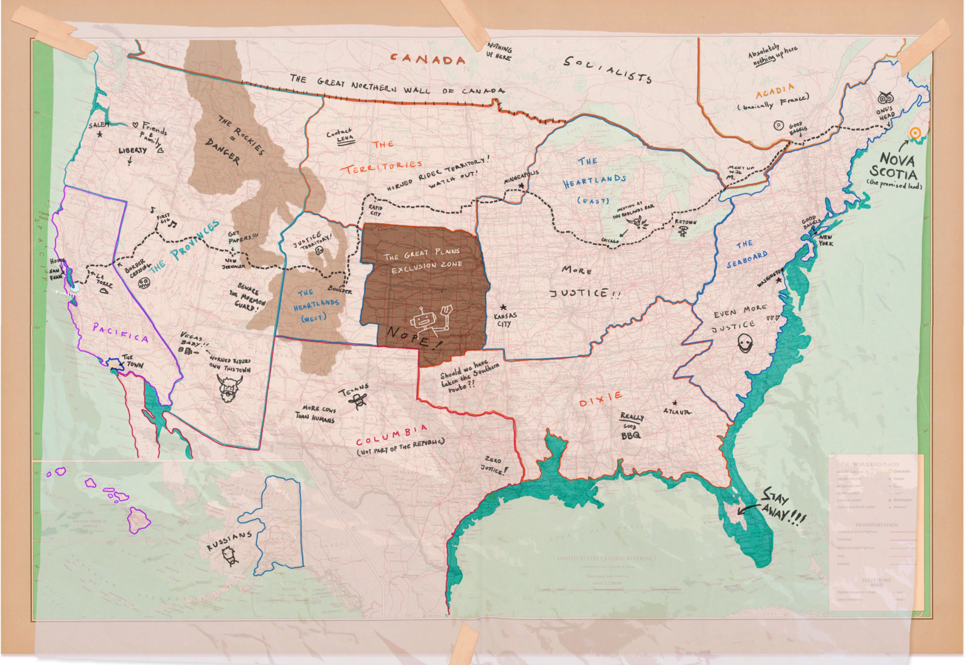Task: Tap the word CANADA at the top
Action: click(428, 59)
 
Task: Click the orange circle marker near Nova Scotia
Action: click(915, 134)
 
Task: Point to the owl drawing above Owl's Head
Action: click(885, 97)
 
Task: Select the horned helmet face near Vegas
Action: click(230, 388)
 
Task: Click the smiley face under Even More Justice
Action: click(745, 345)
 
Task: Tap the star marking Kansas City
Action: click(503, 308)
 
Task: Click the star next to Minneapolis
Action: click(521, 186)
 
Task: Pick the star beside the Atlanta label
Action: click(675, 403)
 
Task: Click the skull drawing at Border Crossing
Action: click(144, 283)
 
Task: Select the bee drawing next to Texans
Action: click(360, 400)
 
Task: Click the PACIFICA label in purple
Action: click(120, 333)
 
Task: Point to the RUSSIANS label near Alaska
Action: click(229, 541)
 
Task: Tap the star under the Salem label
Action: click(100, 135)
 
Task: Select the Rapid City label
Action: click(375, 210)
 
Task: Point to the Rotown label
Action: click(685, 222)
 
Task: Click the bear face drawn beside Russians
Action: click(230, 557)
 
